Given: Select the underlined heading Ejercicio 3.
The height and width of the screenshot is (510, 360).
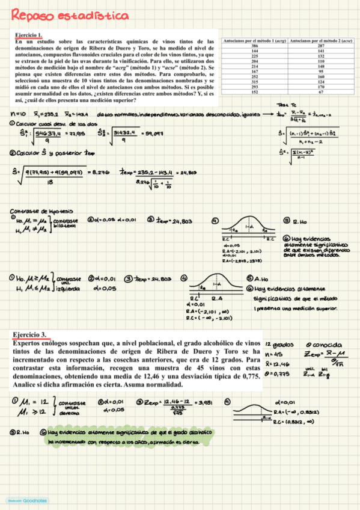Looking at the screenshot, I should coord(29,334).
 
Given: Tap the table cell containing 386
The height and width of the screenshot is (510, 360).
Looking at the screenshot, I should coord(254,46).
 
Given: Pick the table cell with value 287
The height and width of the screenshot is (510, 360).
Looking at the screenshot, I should coord(321,46).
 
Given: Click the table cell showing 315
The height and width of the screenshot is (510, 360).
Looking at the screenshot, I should coord(254,82).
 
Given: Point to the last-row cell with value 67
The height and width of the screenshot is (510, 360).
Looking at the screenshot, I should coord(321,92).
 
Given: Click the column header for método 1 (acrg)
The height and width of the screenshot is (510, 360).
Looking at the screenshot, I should coord(254,40).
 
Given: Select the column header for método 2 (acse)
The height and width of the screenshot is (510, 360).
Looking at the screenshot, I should coord(321,40).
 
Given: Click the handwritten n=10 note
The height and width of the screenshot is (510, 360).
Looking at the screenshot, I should coord(18,113).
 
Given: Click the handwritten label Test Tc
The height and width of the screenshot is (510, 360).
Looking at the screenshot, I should coord(283,105).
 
